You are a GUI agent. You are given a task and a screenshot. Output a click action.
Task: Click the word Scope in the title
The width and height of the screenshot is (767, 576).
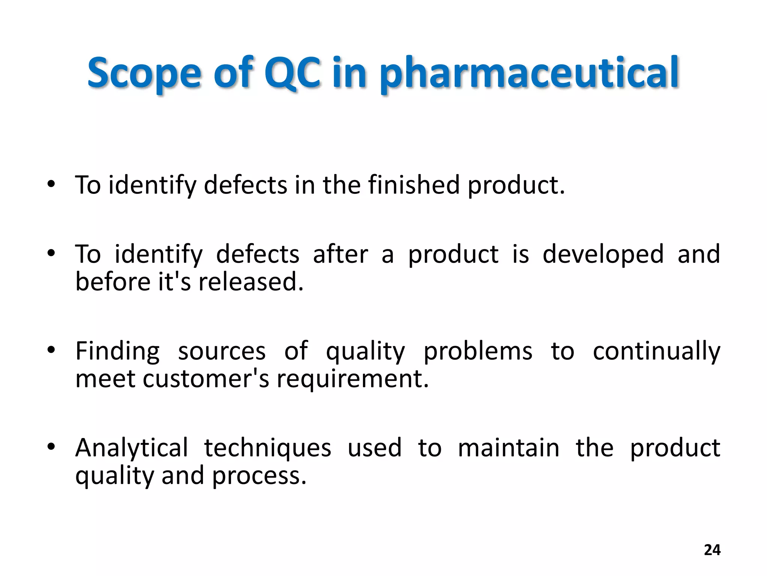(144, 73)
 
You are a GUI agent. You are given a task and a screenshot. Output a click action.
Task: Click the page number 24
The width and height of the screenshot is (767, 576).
(712, 550)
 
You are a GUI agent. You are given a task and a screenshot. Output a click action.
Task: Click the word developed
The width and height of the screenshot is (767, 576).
(603, 254)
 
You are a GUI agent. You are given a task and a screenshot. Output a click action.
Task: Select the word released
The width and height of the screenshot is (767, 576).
(251, 282)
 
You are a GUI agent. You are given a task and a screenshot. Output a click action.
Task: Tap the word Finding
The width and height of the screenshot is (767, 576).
(117, 351)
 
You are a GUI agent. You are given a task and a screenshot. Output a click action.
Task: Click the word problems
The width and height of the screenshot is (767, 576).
(478, 351)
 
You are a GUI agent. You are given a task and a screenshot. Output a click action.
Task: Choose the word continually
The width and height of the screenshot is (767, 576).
(657, 351)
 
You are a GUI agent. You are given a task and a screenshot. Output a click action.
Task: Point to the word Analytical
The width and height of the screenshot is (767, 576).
(131, 448)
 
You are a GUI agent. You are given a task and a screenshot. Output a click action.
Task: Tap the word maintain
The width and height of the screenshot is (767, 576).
(509, 448)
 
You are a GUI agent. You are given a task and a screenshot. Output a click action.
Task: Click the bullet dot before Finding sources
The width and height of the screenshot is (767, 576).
(51, 350)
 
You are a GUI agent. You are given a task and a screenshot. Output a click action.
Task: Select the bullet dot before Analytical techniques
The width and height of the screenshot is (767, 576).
(51, 446)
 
